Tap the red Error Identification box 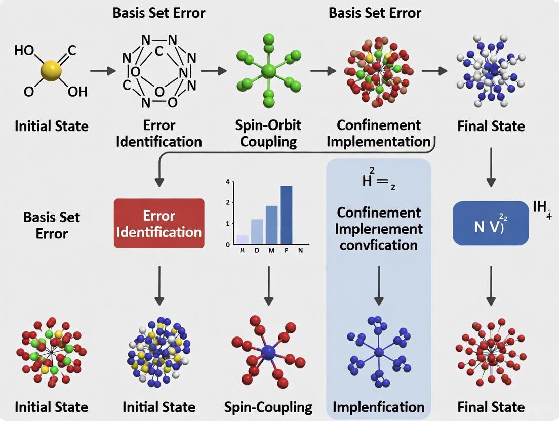(x=159, y=223)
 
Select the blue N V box (x=491, y=223)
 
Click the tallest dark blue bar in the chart (x=286, y=215)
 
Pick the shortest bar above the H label (x=243, y=239)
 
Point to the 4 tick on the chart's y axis (x=228, y=182)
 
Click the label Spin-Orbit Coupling (x=268, y=133)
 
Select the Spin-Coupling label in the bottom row (x=268, y=407)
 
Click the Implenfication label (x=378, y=407)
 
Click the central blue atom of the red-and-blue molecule (x=268, y=352)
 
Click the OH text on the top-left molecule (x=77, y=92)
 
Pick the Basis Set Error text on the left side (x=52, y=225)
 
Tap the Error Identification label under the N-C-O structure (x=159, y=133)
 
